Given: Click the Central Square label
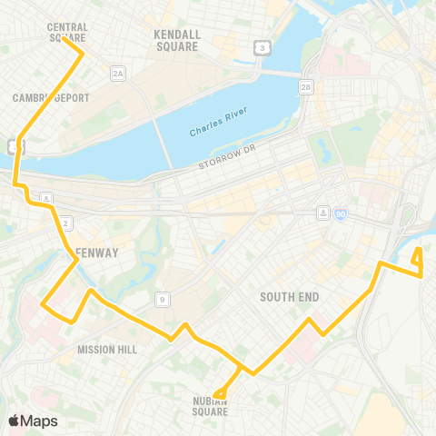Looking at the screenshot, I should click(66, 33).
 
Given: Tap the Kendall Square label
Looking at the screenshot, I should click(176, 40).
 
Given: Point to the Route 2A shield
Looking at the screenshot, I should click(117, 73).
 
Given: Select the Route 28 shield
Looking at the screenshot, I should click(306, 87).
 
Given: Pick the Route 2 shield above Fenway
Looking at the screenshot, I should click(66, 223).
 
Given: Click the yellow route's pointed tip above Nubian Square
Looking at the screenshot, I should click(218, 395).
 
